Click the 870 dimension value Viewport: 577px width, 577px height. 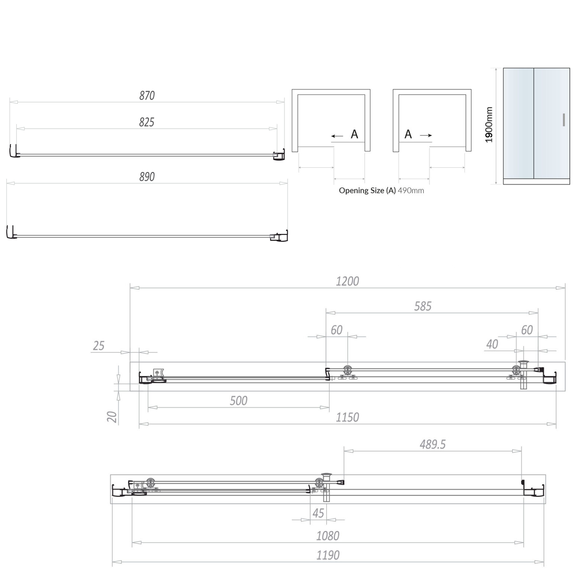147,95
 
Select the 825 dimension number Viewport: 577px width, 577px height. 147,122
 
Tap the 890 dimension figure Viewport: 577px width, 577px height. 147,177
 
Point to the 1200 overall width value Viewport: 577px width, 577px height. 347,281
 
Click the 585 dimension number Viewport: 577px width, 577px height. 423,306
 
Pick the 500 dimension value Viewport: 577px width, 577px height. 238,401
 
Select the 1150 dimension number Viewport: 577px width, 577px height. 347,417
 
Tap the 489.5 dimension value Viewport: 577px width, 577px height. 433,444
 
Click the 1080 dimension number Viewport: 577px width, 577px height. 328,536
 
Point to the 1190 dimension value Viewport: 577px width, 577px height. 328,555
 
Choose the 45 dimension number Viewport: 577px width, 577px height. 318,513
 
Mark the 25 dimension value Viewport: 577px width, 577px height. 99,346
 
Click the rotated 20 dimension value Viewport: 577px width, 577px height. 112,417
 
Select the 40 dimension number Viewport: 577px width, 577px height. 492,344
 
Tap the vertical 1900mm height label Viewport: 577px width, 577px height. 489,125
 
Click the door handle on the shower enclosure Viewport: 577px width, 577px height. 564,120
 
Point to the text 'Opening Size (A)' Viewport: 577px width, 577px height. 367,190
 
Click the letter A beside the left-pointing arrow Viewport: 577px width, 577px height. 354,134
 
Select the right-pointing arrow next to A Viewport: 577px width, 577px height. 426,135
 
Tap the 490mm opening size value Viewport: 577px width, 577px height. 411,190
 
